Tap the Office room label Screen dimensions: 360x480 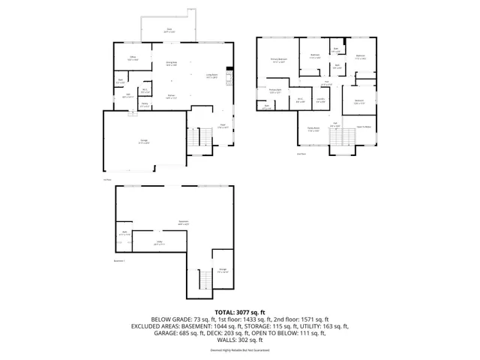(x=131, y=56)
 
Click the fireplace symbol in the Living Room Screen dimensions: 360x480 (x=231, y=76)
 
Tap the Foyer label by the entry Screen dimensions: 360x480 (x=222, y=125)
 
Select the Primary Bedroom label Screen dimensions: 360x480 (x=279, y=60)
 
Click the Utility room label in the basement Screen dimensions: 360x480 (x=158, y=243)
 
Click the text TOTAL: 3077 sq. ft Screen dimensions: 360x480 (x=240, y=311)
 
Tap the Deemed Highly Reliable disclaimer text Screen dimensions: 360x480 (x=240, y=350)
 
